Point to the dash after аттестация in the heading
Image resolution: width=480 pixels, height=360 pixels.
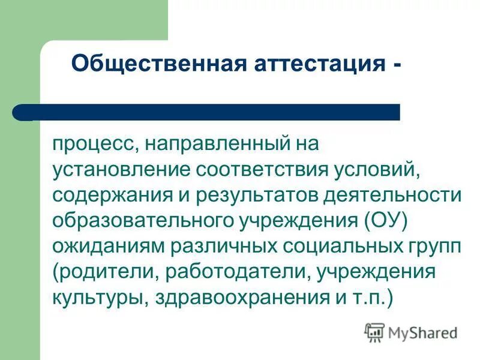click(398, 64)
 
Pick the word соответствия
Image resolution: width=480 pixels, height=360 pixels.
click(259, 170)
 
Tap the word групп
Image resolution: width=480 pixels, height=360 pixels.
click(433, 247)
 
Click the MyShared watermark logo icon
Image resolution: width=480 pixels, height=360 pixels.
click(375, 332)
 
